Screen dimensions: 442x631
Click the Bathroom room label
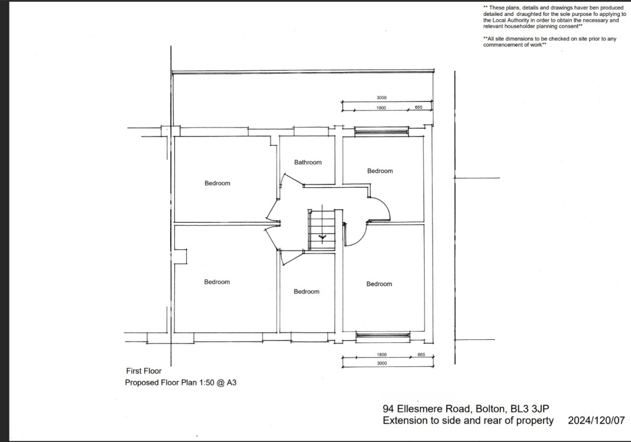click(307, 163)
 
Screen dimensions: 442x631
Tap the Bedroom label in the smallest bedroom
click(306, 292)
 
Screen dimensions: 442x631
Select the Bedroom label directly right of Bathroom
click(380, 171)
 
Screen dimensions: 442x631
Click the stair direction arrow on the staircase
click(322, 236)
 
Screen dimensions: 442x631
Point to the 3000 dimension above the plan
click(381, 98)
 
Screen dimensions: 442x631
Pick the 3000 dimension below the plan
click(381, 363)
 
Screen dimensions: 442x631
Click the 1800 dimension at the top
click(381, 108)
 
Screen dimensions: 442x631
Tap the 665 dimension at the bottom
click(421, 355)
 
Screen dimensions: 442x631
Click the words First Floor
click(144, 371)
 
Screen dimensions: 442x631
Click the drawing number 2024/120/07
click(596, 421)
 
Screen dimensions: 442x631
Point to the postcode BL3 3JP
click(534, 409)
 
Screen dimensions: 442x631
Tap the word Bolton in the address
click(490, 409)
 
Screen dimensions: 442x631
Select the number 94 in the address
click(388, 409)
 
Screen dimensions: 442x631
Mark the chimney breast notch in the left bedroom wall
click(180, 257)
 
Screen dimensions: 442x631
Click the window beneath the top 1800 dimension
click(381, 131)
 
